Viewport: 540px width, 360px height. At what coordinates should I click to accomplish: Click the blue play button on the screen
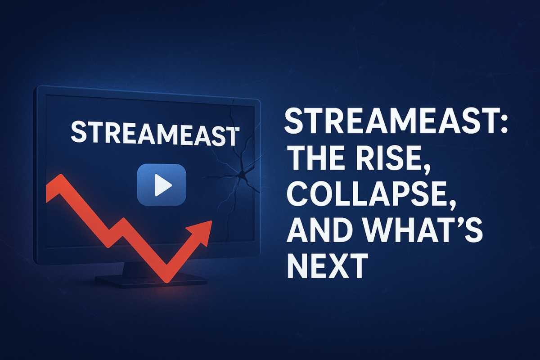point(161,184)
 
